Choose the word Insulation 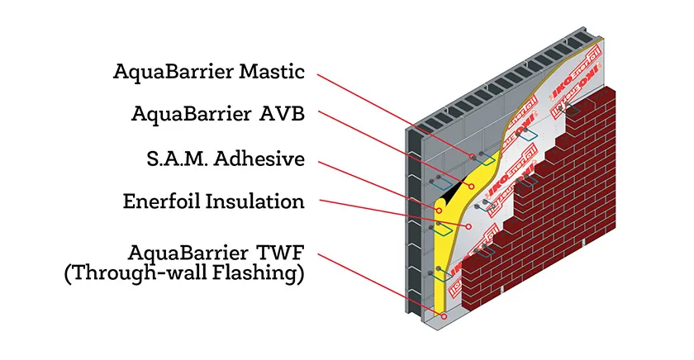259,201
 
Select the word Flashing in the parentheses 254,275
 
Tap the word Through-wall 135,275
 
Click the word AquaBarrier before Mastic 164,72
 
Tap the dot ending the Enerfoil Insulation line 468,224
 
